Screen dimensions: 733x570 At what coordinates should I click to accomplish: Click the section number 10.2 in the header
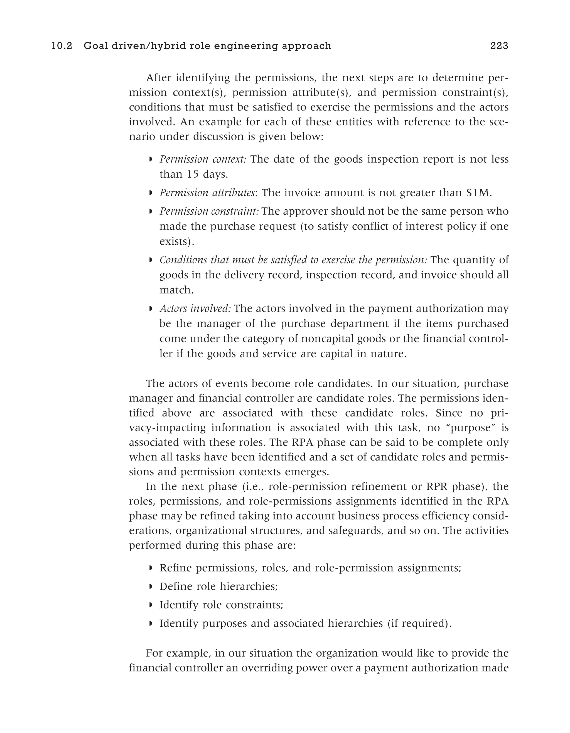62,46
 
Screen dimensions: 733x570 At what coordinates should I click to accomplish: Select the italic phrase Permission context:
203,159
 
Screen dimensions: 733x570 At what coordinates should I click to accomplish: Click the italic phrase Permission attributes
207,193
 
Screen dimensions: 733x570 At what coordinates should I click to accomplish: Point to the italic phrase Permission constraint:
209,211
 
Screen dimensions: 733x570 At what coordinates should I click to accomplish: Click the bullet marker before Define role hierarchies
151,587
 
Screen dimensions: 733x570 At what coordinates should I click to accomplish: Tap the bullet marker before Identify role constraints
151,605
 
